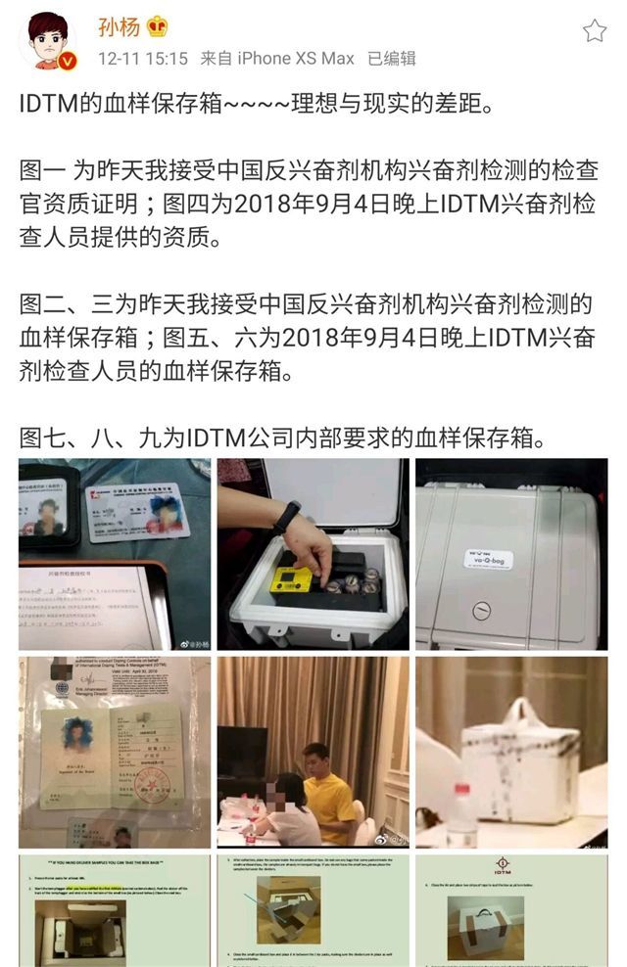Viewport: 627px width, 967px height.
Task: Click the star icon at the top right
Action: pyautogui.click(x=595, y=30)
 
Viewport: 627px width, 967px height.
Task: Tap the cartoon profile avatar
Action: pyautogui.click(x=46, y=41)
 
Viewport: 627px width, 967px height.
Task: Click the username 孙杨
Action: pyautogui.click(x=118, y=26)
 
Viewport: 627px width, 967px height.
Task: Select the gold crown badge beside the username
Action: pyautogui.click(x=157, y=26)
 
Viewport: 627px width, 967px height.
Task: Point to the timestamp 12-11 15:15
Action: pyautogui.click(x=142, y=59)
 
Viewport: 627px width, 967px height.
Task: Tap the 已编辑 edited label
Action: pyautogui.click(x=391, y=59)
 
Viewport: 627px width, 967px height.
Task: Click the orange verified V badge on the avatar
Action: pyautogui.click(x=68, y=62)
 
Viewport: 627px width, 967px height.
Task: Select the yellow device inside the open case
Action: pyautogui.click(x=291, y=578)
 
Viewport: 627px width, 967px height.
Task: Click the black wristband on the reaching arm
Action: pyautogui.click(x=286, y=516)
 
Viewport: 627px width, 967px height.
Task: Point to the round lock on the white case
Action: pyautogui.click(x=481, y=611)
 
